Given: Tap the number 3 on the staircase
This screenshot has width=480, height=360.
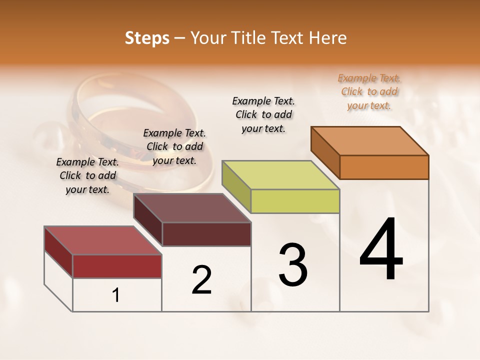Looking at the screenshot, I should [292, 264].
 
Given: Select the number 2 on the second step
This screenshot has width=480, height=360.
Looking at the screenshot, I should [201, 279].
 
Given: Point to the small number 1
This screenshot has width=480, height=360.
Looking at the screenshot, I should [116, 295].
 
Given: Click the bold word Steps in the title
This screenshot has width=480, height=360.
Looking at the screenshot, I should [147, 38].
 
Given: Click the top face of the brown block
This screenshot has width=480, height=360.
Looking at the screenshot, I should [192, 208].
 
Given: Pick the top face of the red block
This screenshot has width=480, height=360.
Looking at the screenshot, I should [103, 240].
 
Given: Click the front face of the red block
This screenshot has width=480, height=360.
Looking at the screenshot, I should [117, 266].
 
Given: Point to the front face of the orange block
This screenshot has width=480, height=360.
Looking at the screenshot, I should [384, 167].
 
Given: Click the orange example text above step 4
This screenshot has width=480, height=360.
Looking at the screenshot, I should [369, 91].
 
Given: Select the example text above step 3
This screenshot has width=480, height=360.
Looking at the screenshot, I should [263, 114].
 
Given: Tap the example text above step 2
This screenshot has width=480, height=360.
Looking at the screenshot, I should [174, 146].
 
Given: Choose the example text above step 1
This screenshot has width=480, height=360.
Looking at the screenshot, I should [87, 175].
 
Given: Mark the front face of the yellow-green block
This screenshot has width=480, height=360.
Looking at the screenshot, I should [295, 201].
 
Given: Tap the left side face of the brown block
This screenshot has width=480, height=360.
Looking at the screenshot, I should [148, 220].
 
